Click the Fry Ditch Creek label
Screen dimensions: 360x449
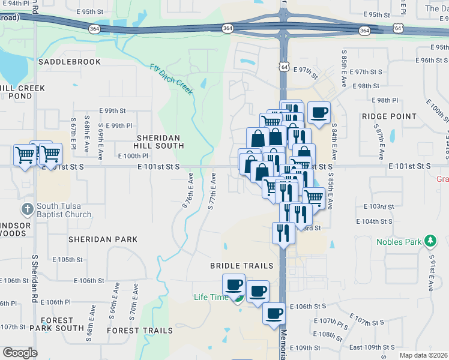click(172, 79)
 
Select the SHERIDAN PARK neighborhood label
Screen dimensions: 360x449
click(103, 239)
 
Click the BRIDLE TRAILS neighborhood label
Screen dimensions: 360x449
click(241, 265)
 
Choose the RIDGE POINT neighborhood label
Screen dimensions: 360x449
click(389, 116)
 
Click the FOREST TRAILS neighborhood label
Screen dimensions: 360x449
click(140, 331)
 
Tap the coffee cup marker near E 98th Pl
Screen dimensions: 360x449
click(319, 112)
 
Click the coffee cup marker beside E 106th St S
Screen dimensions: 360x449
click(274, 313)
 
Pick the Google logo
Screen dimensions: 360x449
click(20, 352)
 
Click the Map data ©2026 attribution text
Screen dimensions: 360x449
click(423, 355)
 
